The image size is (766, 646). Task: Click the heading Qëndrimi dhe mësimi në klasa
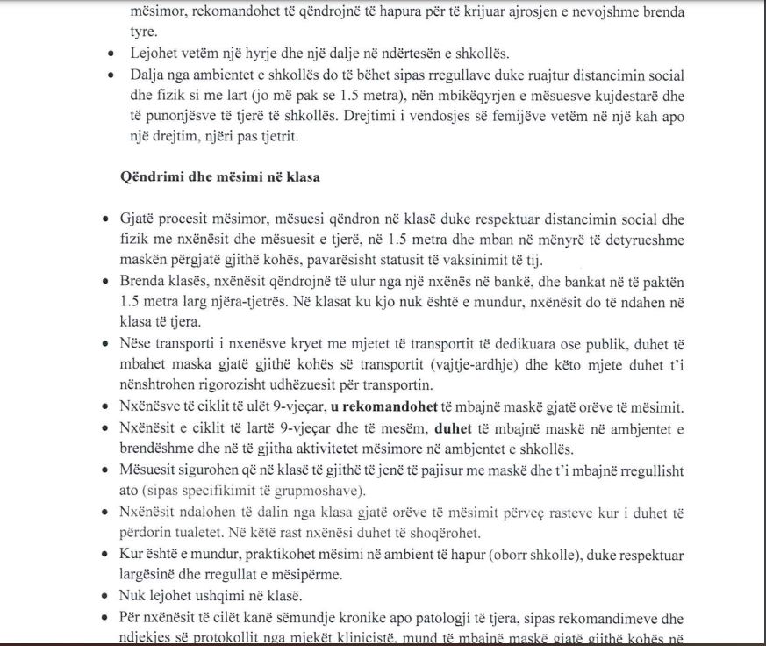tap(219, 176)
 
